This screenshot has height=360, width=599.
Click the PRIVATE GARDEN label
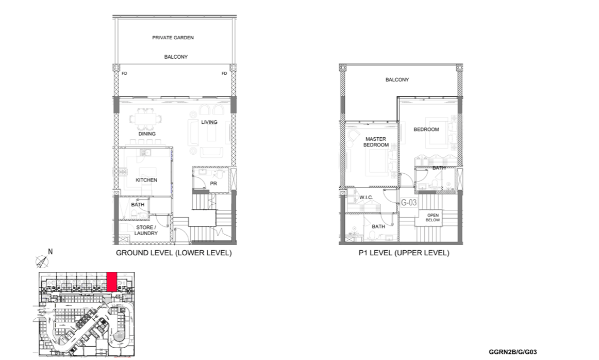coord(173,38)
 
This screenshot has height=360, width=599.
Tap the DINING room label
coord(147,134)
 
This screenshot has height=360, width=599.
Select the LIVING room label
coord(209,122)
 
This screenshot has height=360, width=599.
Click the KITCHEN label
coord(146,180)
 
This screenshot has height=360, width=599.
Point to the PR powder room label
coord(213,184)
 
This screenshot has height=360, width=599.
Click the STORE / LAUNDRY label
coord(146,230)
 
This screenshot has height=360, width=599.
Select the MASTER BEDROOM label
coord(376,142)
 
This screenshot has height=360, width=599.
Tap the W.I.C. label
coord(366,198)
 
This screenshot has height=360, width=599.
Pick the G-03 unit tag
coord(408,202)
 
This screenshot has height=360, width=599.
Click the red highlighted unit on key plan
coord(111,282)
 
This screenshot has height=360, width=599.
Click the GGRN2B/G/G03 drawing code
coord(513,352)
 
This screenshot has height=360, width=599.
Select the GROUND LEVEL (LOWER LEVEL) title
coord(174,253)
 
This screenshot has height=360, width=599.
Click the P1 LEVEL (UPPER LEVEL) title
coord(404,253)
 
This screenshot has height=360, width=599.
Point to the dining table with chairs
coord(145,119)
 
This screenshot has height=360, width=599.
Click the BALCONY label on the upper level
coord(397,79)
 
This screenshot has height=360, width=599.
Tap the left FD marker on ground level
coord(124,73)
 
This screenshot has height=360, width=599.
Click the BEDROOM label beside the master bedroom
coord(426,129)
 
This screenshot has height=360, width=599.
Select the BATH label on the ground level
coord(138,204)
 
